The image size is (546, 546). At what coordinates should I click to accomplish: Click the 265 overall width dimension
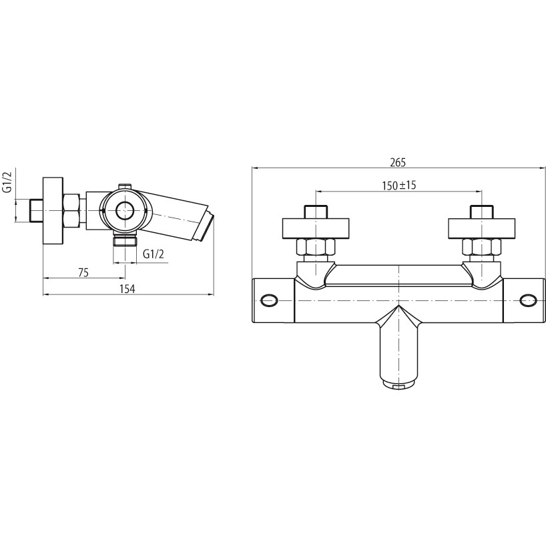coord(398,163)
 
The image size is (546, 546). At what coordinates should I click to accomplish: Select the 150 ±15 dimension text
coord(398,186)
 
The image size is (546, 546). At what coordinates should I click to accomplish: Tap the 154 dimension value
coord(127,288)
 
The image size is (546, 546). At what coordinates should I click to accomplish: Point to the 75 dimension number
coord(83,272)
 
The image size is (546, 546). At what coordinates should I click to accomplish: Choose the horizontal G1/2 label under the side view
coord(154,254)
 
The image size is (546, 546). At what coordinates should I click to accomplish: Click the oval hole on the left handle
coord(270,300)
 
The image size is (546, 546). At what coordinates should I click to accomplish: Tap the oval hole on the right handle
coord(527,300)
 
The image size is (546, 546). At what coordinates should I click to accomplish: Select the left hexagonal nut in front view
coord(316,247)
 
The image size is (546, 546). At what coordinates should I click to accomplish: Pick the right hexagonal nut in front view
coord(481,247)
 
